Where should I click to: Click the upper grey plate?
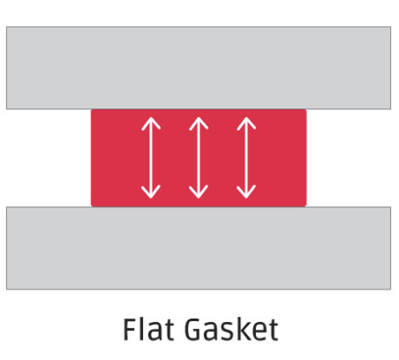click(x=199, y=68)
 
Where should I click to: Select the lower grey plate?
click(x=199, y=248)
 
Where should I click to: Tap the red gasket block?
click(x=199, y=158)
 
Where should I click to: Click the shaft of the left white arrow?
click(x=151, y=158)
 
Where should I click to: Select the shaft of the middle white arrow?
click(x=199, y=158)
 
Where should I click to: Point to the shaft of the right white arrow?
click(x=246, y=158)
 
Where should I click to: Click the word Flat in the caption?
click(x=148, y=329)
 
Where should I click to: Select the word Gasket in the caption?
click(x=231, y=329)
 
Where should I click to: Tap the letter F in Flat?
click(x=131, y=329)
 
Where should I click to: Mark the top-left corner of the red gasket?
click(x=91, y=109)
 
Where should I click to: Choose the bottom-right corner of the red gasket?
click(x=306, y=206)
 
